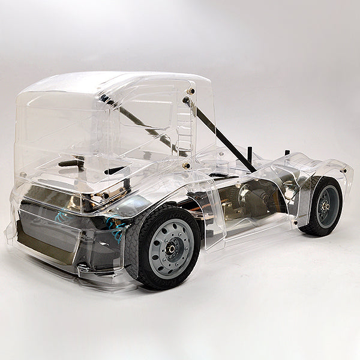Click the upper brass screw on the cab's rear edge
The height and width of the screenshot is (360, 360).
[191, 92]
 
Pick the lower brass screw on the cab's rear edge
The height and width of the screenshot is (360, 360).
[187, 164]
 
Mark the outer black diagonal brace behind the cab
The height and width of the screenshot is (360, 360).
[220, 130]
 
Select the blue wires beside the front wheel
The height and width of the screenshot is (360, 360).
[114, 225]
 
